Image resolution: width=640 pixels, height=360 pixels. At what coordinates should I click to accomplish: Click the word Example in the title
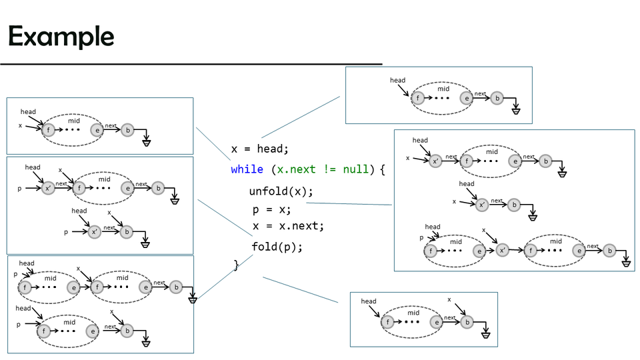(x=61, y=36)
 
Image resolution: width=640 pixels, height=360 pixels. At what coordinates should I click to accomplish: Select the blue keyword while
(x=247, y=169)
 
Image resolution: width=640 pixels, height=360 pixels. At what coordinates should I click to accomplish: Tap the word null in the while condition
(x=355, y=169)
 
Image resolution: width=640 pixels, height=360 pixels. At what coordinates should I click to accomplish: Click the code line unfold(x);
(x=281, y=191)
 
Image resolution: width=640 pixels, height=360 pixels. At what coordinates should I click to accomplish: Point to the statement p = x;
(x=271, y=209)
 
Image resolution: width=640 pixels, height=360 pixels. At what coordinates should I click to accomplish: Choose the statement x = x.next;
(x=288, y=226)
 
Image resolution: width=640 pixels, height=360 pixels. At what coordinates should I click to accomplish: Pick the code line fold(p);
(x=277, y=247)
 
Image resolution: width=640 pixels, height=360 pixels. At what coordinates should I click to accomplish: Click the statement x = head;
(x=260, y=149)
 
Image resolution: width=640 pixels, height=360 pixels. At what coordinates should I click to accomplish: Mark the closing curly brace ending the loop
(x=236, y=265)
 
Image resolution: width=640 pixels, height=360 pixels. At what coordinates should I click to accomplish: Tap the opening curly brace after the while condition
(x=383, y=169)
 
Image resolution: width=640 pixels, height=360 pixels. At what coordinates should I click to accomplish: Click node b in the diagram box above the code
(x=497, y=98)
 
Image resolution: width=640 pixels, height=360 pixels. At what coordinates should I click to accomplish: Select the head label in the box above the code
(x=397, y=81)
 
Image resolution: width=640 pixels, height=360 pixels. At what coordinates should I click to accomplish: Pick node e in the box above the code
(x=467, y=98)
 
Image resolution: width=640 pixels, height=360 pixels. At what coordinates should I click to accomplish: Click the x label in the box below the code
(x=449, y=300)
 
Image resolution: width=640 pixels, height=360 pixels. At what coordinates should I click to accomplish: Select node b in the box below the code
(x=467, y=322)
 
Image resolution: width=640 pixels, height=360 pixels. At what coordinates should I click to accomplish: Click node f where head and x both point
(x=49, y=130)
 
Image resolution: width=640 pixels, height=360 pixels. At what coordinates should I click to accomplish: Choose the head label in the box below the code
(x=369, y=301)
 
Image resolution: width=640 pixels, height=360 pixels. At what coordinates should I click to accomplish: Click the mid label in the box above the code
(x=443, y=89)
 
